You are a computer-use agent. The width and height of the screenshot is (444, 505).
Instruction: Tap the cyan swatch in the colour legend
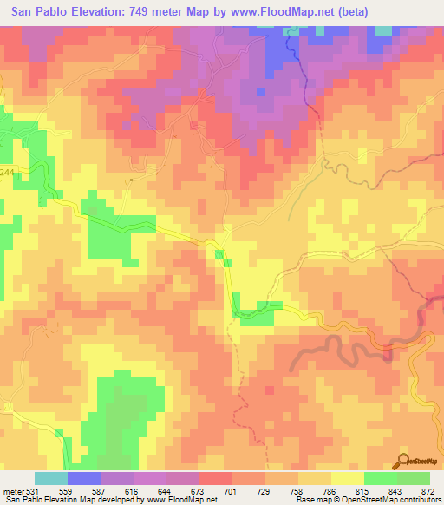click(x=51, y=479)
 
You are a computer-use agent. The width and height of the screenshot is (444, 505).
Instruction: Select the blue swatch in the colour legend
click(x=84, y=479)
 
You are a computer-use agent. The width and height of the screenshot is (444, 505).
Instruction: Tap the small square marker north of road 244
click(x=130, y=180)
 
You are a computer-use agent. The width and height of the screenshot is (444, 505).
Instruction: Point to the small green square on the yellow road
click(x=219, y=253)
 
